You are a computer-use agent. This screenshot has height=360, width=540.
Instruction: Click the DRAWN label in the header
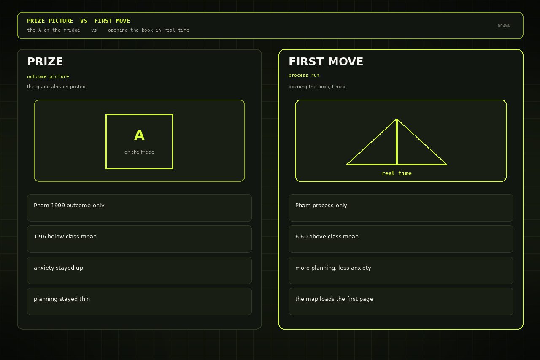504,26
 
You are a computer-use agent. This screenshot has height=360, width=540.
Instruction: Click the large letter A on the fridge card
139,135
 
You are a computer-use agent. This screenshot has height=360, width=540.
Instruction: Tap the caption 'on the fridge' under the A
139,152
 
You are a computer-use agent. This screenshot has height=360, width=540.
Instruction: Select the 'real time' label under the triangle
397,173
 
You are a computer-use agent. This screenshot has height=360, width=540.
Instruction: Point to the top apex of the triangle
397,119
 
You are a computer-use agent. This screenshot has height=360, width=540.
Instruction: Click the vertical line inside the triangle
397,141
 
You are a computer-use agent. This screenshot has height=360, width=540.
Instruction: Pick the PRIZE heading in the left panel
45,62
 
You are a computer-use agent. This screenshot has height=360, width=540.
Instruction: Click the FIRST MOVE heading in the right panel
326,62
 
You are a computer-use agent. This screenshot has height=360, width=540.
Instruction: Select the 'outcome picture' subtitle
48,76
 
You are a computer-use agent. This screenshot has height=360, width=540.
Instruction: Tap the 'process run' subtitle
304,75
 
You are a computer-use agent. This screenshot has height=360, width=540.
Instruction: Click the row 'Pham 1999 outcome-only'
139,208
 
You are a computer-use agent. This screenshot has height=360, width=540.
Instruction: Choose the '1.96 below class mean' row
139,239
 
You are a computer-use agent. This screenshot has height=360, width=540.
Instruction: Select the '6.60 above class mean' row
401,239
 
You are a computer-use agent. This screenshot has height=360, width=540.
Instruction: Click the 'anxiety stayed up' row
139,270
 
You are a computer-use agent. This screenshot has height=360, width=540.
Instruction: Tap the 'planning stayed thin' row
139,301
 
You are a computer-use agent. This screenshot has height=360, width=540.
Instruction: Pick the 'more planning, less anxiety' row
401,270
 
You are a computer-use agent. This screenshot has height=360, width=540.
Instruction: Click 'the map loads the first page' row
401,301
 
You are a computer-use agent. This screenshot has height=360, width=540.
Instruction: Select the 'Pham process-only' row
401,208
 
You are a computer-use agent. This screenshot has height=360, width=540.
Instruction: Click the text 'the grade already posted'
56,87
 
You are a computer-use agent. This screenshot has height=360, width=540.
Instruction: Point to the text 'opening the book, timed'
317,87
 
